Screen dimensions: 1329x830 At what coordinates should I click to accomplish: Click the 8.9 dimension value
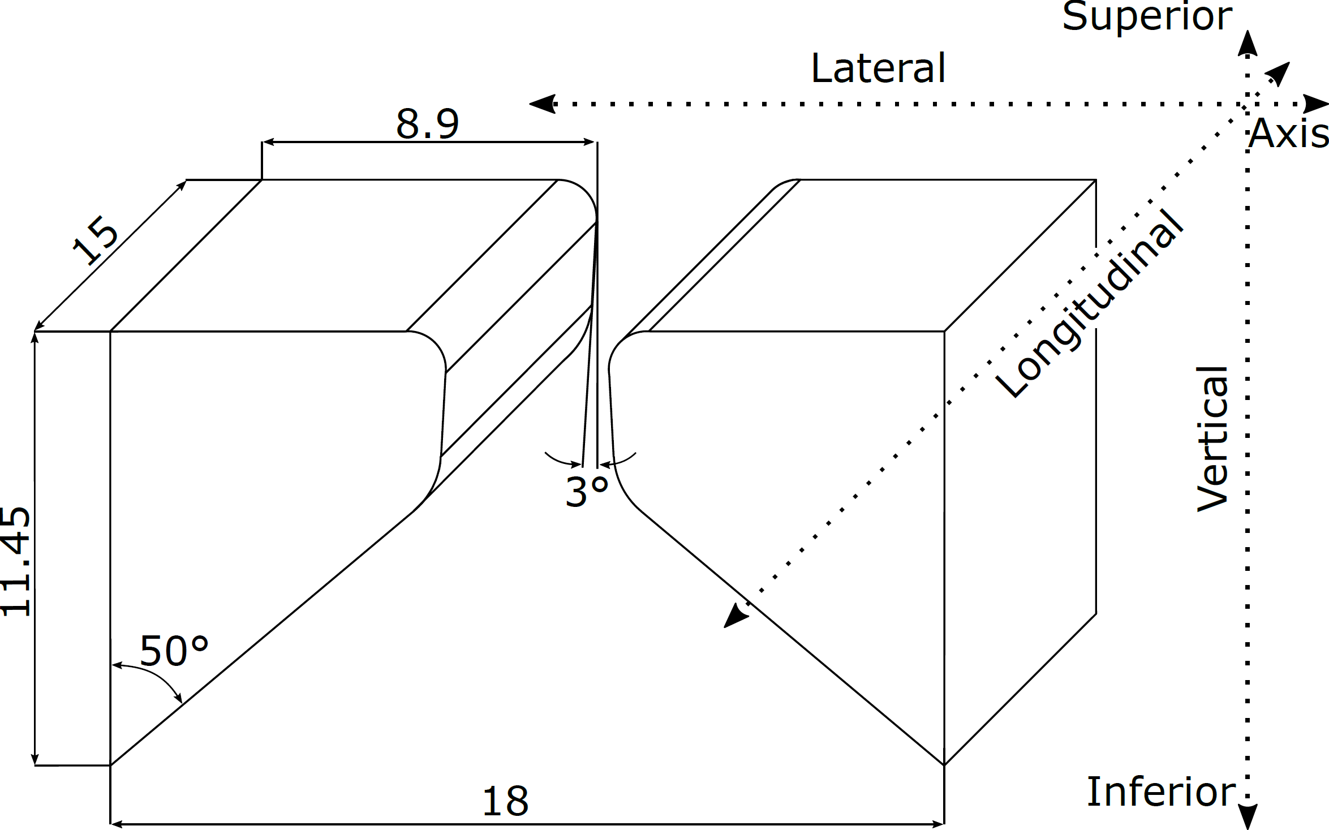(427, 123)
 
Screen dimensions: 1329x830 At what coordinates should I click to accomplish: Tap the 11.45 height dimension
(15, 561)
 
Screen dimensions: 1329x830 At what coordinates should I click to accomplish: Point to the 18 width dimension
(505, 801)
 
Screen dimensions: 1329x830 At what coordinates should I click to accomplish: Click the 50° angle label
(174, 651)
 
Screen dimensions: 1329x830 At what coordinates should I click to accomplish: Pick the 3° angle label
(587, 491)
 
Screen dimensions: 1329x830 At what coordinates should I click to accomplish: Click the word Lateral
(878, 68)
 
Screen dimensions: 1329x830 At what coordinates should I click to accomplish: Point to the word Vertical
(1213, 439)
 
